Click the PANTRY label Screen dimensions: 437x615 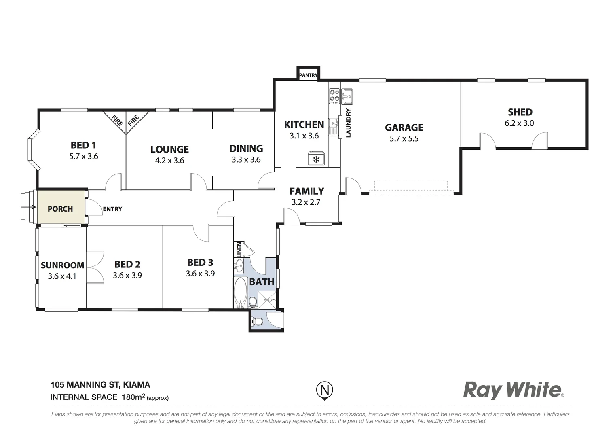pyautogui.click(x=308, y=75)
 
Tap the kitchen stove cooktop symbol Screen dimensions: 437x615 pyautogui.click(x=334, y=95)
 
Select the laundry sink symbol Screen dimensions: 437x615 pyautogui.click(x=347, y=97)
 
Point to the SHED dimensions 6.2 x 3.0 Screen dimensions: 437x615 pyautogui.click(x=519, y=123)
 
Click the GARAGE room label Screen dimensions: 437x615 pyautogui.click(x=404, y=127)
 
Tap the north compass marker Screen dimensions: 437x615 pyautogui.click(x=324, y=390)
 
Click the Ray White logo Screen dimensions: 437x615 pyautogui.click(x=513, y=390)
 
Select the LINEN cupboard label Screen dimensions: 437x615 pyautogui.click(x=239, y=249)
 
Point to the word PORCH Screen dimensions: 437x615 pyautogui.click(x=60, y=209)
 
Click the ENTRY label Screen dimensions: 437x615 pyautogui.click(x=112, y=209)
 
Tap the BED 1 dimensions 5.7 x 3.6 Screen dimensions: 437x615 pyautogui.click(x=84, y=156)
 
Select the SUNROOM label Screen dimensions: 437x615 pyautogui.click(x=62, y=265)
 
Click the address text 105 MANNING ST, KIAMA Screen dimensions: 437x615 pyautogui.click(x=100, y=384)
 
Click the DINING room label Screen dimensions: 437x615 pyautogui.click(x=246, y=148)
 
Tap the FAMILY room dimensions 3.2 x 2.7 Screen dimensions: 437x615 pyautogui.click(x=306, y=202)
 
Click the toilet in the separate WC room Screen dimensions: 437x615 pyautogui.click(x=257, y=322)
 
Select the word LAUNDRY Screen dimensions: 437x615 pyautogui.click(x=348, y=123)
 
